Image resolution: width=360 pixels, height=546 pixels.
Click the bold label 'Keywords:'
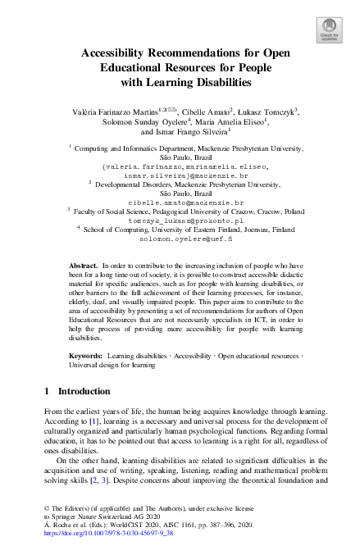(x=86, y=356)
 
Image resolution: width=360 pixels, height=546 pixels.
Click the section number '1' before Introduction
(x=47, y=392)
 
